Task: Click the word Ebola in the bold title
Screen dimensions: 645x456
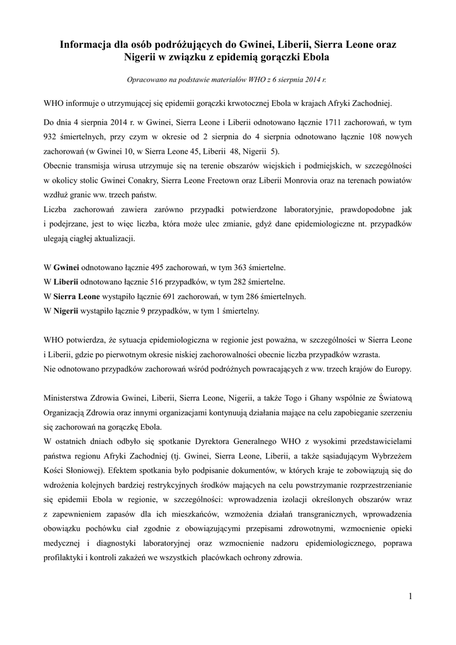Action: click(315, 57)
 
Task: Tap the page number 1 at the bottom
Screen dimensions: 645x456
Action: click(410, 596)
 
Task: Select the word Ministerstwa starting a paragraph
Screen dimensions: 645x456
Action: click(67, 399)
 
